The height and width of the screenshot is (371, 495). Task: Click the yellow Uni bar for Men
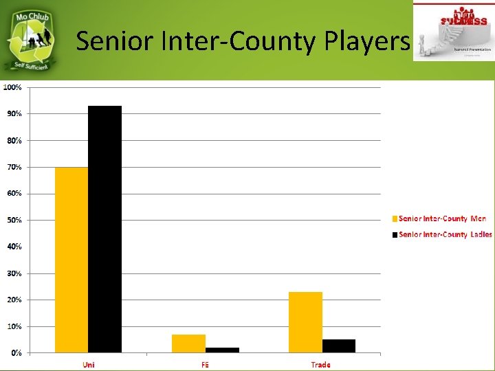pyautogui.click(x=71, y=260)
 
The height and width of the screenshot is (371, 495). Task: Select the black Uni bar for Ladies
pyautogui.click(x=104, y=229)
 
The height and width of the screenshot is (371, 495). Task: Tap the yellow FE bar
pyautogui.click(x=188, y=344)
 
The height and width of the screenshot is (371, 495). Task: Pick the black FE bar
pyautogui.click(x=222, y=350)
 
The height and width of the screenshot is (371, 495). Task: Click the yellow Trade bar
pyautogui.click(x=305, y=322)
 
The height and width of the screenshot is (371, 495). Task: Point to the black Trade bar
pyautogui.click(x=338, y=346)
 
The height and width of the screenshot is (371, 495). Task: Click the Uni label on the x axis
pyautogui.click(x=89, y=365)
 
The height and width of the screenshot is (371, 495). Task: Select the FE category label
pyautogui.click(x=205, y=365)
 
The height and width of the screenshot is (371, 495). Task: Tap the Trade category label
pyautogui.click(x=320, y=365)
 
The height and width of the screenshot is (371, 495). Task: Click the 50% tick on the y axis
pyautogui.click(x=14, y=220)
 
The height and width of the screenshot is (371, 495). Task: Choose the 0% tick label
pyautogui.click(x=15, y=352)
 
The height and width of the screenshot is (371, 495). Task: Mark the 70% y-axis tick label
pyautogui.click(x=14, y=167)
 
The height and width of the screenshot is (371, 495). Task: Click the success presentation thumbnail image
pyautogui.click(x=452, y=31)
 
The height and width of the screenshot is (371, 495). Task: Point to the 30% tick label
pyautogui.click(x=14, y=273)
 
